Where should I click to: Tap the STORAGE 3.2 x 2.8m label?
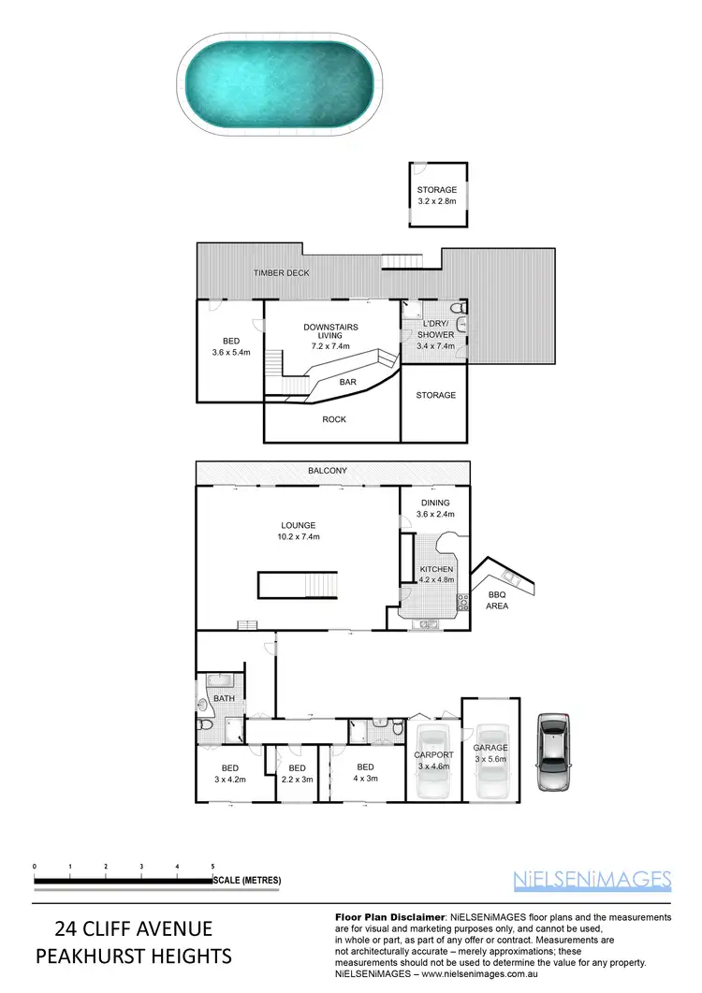(436, 195)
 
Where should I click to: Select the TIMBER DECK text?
(282, 272)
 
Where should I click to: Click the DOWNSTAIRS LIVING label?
(331, 336)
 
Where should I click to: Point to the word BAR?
(347, 382)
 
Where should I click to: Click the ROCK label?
(334, 419)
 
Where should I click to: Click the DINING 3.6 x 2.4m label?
(435, 506)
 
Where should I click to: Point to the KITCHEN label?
(436, 574)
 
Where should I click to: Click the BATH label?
(223, 697)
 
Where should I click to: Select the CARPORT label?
(433, 759)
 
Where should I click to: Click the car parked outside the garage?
(554, 752)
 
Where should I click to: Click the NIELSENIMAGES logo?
(592, 879)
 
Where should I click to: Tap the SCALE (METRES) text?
(247, 880)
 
